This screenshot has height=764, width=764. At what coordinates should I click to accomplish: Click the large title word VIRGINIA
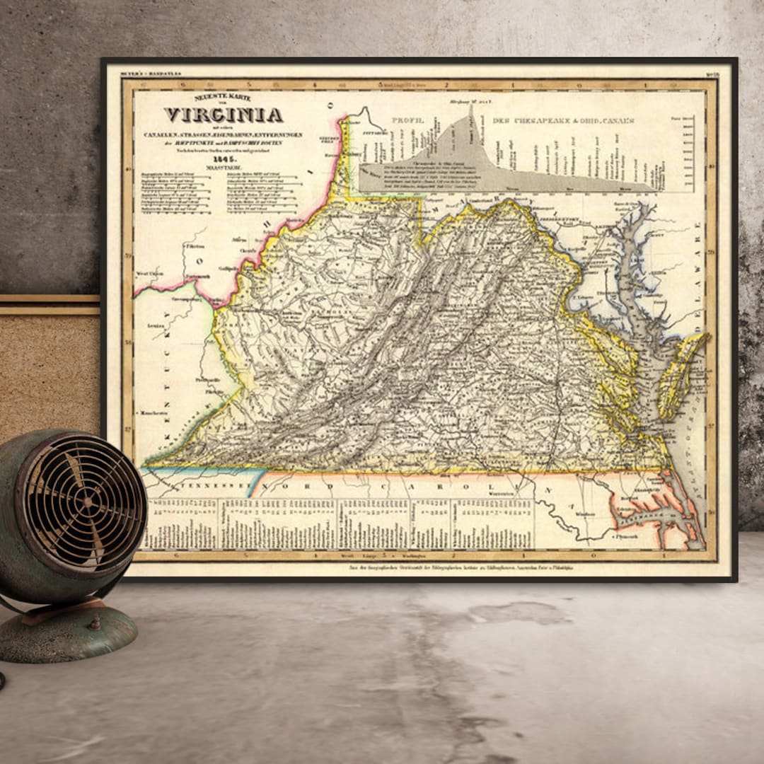click(224, 115)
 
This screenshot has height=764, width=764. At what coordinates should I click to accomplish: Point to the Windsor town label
click(585, 514)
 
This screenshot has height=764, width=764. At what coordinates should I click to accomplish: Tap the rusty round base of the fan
click(67, 634)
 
